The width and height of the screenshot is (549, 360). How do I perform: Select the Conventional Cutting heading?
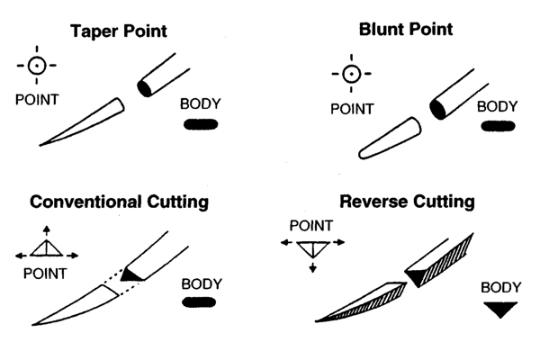[x=119, y=202]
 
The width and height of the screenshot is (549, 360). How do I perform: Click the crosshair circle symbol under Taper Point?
[x=36, y=67]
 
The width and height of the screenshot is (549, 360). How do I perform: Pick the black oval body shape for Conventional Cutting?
[x=202, y=302]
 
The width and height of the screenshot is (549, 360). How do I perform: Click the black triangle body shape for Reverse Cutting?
[x=498, y=310]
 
